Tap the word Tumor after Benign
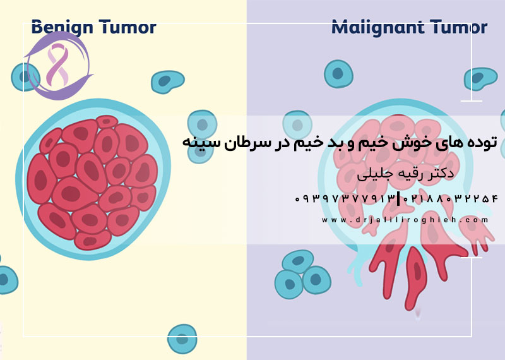coord(125,27)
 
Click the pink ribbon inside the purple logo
coord(57,67)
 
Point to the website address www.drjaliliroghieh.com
coord(405,220)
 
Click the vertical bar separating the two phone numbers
coord(400,198)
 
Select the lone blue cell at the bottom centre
coord(182,339)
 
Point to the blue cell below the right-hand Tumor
coord(480,78)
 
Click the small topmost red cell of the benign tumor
coord(107,121)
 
